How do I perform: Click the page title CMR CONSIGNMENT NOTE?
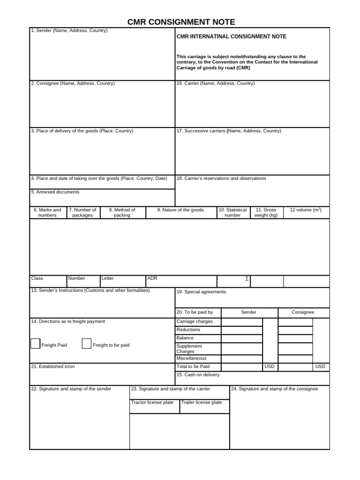click(x=181, y=22)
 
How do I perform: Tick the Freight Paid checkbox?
click(x=35, y=344)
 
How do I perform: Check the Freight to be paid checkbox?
click(x=86, y=344)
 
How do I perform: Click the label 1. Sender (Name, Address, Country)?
click(x=69, y=30)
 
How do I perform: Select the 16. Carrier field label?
click(x=215, y=83)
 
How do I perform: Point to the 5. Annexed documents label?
click(x=55, y=192)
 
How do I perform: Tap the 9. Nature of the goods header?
click(x=180, y=210)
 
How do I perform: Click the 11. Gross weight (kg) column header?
click(x=266, y=213)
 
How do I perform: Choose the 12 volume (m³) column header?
click(x=306, y=210)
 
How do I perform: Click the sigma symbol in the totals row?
click(x=247, y=278)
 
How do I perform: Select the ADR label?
click(x=152, y=278)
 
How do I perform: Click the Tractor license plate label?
click(x=152, y=403)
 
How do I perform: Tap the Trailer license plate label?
click(x=202, y=403)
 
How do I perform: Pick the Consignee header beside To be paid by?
click(x=303, y=312)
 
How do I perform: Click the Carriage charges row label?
click(x=194, y=322)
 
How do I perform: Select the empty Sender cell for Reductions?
click(x=241, y=330)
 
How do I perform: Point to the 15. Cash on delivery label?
click(x=198, y=375)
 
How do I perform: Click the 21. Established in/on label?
click(x=52, y=367)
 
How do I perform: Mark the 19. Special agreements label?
click(x=201, y=292)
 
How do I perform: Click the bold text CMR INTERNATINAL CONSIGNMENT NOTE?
click(x=231, y=37)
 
